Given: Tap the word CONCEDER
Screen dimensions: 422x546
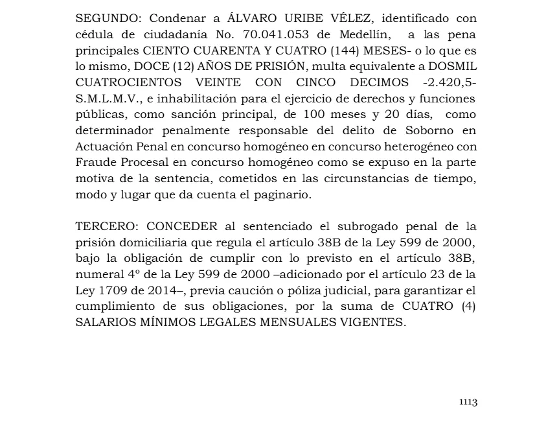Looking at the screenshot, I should pyautogui.click(x=184, y=227).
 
